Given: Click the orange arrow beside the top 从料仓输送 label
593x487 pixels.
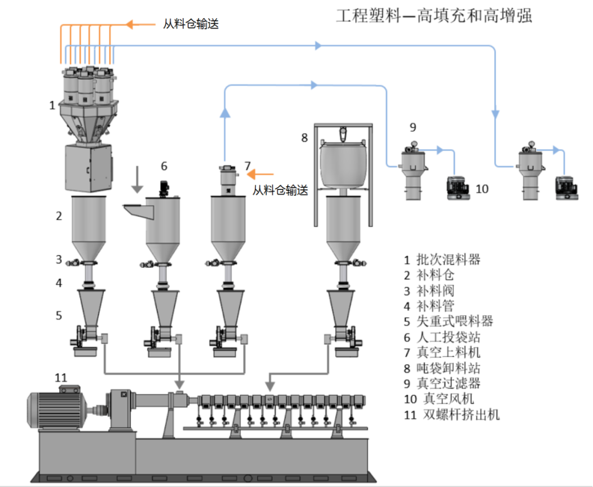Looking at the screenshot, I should [141, 24].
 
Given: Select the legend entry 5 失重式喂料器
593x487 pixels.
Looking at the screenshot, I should [448, 321].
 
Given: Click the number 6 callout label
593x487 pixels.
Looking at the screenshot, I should [164, 166].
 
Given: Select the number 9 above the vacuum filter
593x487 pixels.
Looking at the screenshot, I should [413, 127].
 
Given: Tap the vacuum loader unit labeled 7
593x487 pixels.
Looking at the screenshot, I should [226, 179].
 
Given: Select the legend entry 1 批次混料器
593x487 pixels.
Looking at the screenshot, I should [441, 259].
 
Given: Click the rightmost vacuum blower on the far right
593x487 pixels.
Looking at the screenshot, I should [566, 189].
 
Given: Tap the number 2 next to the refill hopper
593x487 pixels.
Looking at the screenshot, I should [59, 216].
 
